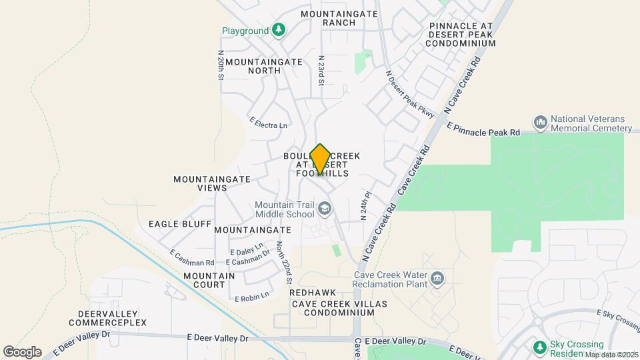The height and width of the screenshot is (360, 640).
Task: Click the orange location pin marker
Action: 320,159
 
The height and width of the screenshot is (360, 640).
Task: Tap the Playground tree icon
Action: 279,30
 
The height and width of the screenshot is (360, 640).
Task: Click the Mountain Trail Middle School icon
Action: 324,210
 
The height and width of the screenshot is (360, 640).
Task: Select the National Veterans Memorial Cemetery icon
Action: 540,123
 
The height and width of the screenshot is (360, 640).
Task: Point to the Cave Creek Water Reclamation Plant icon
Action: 437,278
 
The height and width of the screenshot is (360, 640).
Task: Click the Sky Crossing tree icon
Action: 539,347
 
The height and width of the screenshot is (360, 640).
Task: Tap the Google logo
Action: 22,351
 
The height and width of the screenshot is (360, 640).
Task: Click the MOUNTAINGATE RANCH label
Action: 339,18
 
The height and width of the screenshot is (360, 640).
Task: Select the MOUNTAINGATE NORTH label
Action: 264,65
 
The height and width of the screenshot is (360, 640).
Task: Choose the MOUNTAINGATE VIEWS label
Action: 212,183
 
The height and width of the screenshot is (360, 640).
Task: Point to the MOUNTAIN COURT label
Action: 209,280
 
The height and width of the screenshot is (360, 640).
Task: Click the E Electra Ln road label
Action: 269,123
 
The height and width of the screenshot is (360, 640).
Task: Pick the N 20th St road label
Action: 221,65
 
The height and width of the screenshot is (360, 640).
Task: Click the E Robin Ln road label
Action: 251,295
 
